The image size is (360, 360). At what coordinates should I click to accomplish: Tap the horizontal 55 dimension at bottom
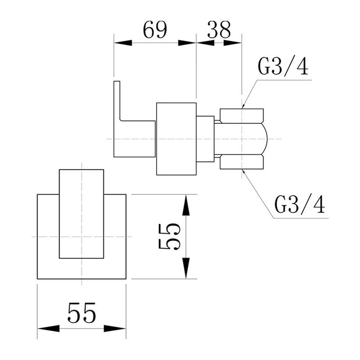(81, 312)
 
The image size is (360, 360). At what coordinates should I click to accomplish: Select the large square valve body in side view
(176, 139)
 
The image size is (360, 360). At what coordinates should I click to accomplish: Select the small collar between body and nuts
(205, 139)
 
